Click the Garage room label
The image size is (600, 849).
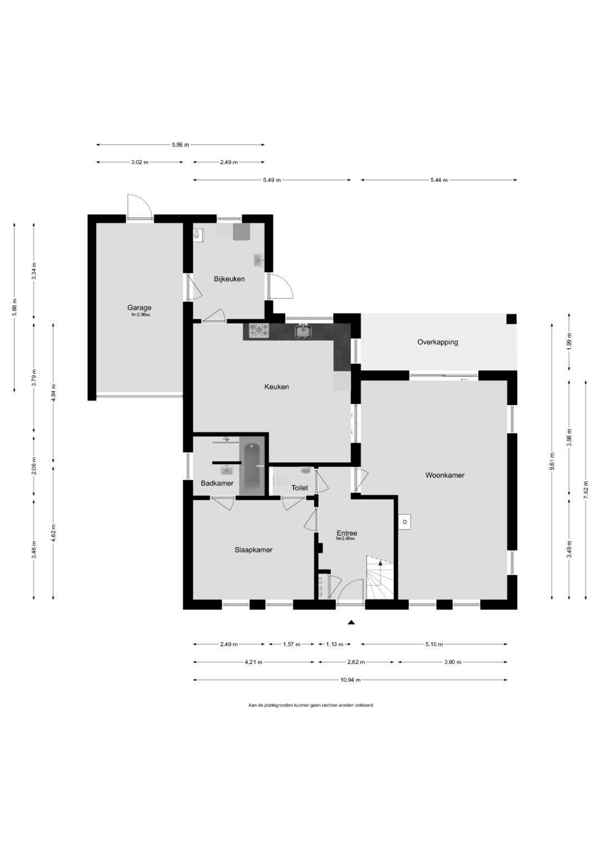click(139, 308)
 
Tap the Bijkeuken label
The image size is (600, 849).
click(229, 279)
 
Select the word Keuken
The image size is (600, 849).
click(277, 387)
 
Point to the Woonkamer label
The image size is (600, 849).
click(444, 475)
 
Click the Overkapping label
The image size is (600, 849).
click(438, 342)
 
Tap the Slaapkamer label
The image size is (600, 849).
click(253, 550)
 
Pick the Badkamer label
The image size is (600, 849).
click(217, 483)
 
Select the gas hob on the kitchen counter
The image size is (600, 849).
click(259, 330)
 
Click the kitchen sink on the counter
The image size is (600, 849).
click(303, 331)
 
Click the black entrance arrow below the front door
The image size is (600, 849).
click(351, 622)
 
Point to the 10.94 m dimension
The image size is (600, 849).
click(350, 680)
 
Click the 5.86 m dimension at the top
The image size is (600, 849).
click(181, 145)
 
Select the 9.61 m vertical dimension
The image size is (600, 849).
click(552, 461)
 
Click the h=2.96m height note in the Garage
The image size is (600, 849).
click(141, 315)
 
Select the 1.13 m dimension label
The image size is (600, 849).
click(334, 644)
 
